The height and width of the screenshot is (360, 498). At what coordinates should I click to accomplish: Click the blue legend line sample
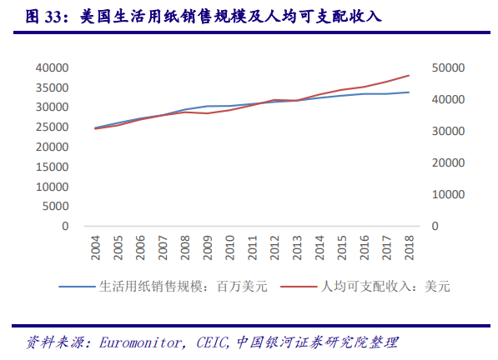pos(77,287)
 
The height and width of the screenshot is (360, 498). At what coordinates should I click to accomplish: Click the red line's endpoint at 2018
pos(409,75)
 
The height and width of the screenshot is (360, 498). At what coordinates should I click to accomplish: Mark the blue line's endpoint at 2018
pos(409,92)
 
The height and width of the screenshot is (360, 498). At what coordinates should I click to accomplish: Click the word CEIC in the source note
pos(212,342)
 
